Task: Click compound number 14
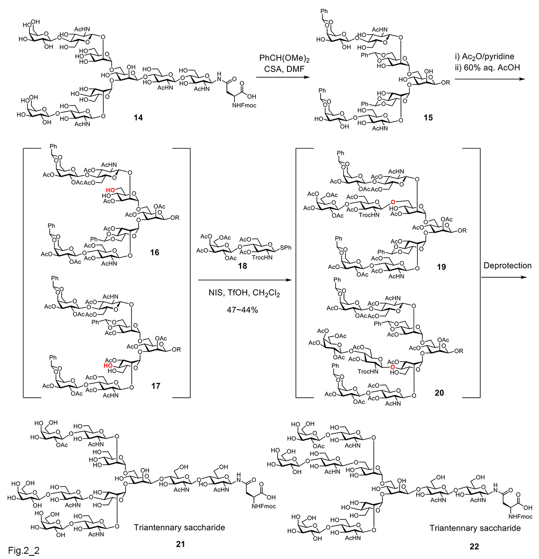(138, 118)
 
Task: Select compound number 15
(428, 118)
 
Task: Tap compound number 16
(155, 253)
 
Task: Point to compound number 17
(155, 386)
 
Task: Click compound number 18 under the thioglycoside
(242, 266)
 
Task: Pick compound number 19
(441, 267)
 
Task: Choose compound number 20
(439, 393)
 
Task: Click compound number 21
(180, 544)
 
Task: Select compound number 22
(474, 546)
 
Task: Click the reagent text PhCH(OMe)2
(284, 59)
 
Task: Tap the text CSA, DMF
(284, 69)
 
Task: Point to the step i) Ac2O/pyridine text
(484, 57)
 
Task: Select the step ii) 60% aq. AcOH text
(487, 68)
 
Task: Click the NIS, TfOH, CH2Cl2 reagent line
(244, 293)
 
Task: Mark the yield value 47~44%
(242, 310)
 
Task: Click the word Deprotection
(508, 266)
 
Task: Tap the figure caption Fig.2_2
(24, 551)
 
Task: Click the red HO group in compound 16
(111, 190)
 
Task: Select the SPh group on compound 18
(285, 248)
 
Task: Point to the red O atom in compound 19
(393, 202)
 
